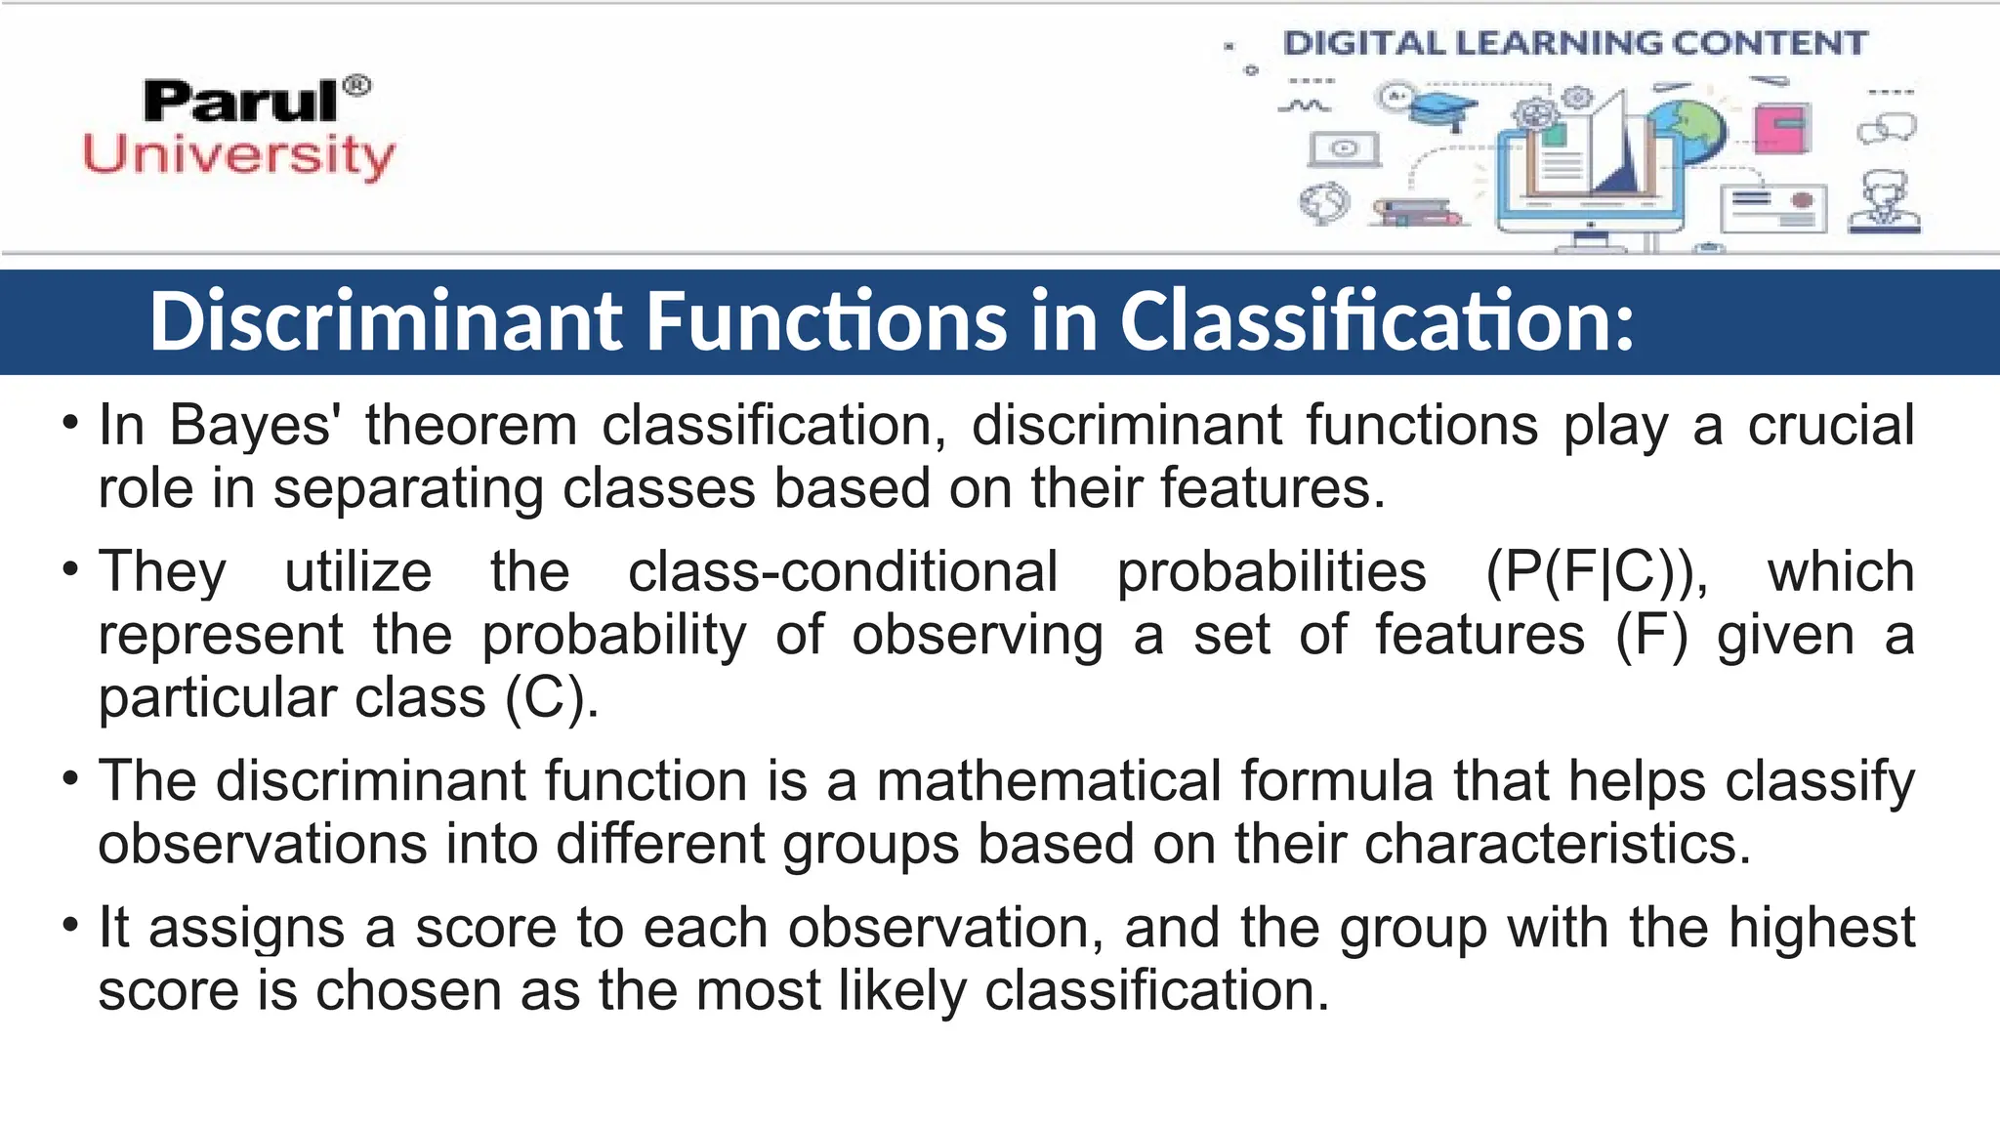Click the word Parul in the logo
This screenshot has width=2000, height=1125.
tap(240, 101)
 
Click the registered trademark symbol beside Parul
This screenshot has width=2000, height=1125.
tap(357, 86)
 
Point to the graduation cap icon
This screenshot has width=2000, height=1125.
tap(1444, 108)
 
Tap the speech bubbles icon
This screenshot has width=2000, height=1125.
tap(1887, 128)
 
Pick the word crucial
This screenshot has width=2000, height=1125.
tap(1830, 426)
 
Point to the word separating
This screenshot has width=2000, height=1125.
tap(407, 488)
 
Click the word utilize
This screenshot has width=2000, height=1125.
tap(358, 572)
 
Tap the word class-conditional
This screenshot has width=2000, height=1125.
tap(843, 572)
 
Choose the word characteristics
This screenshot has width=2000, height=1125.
tap(1557, 844)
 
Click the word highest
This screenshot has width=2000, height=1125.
tap(1822, 928)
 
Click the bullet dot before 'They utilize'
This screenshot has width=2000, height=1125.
tap(69, 569)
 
